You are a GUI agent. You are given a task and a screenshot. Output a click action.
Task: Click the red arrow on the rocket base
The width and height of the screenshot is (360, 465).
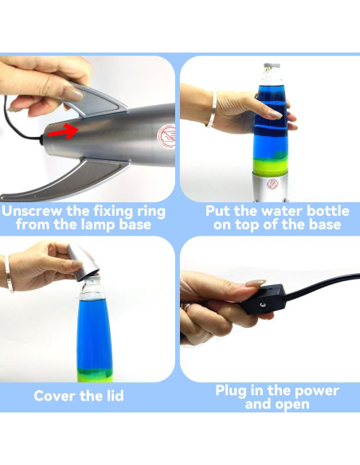(64, 131)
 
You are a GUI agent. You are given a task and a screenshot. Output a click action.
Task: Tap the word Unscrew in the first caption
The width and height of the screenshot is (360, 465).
(32, 211)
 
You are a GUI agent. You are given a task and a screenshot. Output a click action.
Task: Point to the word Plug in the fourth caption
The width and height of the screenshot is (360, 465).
(231, 391)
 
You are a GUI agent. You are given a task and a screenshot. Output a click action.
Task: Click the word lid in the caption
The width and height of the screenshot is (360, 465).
(115, 396)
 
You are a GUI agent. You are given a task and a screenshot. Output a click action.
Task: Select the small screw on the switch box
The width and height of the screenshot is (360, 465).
(263, 305)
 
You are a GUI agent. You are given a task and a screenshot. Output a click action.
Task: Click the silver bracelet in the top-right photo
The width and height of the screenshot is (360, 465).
(212, 110)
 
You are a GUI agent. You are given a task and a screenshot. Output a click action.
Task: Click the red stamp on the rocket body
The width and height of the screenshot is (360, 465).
(166, 136)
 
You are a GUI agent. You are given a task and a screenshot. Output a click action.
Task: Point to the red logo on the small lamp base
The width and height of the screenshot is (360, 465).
(272, 184)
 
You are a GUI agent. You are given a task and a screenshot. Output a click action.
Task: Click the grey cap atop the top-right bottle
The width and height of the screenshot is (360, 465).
(272, 66)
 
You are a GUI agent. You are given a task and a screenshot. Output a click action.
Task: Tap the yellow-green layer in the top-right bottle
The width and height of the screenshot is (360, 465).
(270, 164)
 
